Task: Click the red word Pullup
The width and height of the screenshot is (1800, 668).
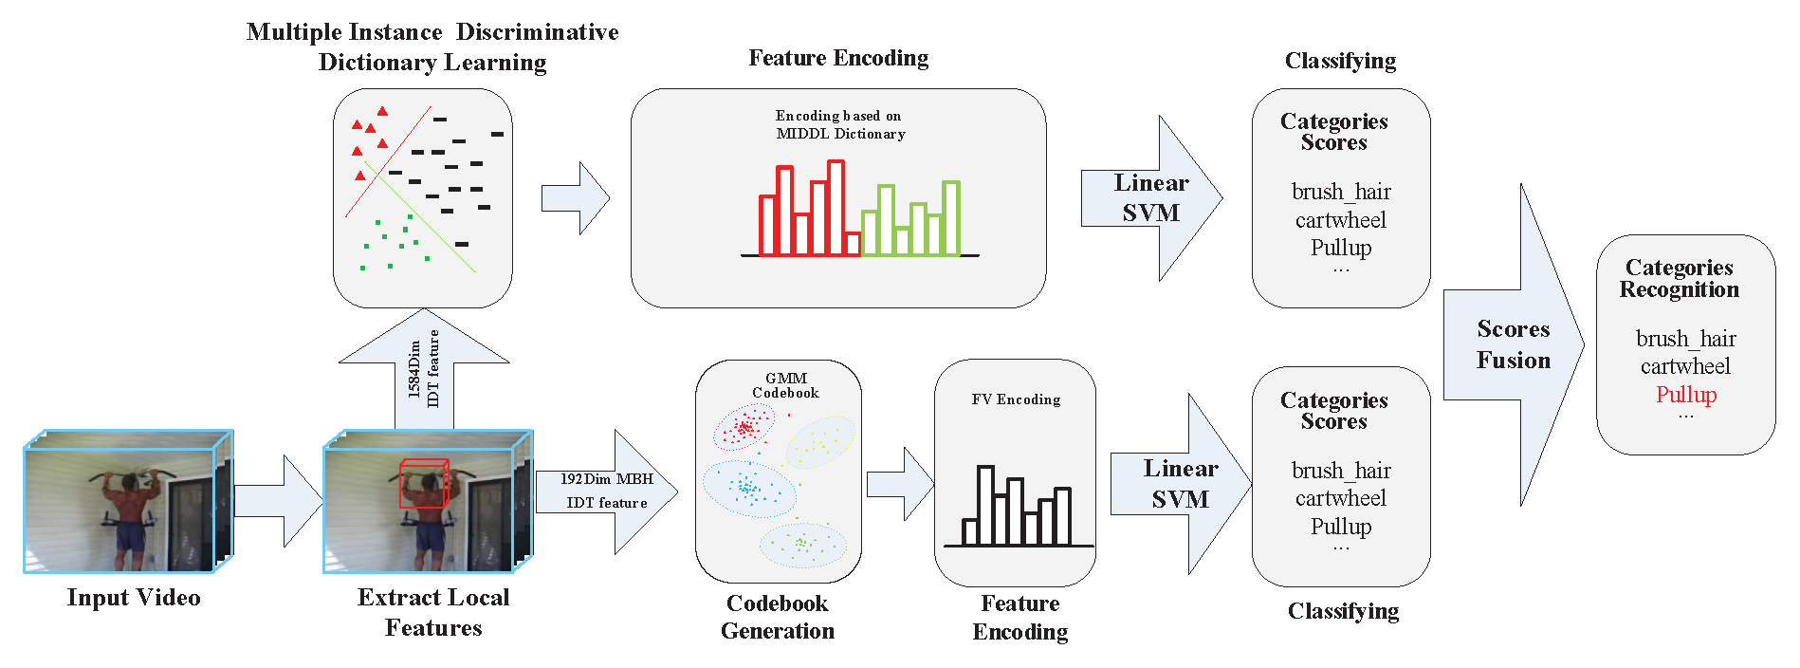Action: point(1686,395)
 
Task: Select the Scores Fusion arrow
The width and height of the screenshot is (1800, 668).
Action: point(1514,344)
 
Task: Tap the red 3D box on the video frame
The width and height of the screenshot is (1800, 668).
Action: point(423,483)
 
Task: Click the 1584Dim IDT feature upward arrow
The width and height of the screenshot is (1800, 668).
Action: point(424,370)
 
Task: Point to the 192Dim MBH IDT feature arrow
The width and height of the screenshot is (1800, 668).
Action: point(607,492)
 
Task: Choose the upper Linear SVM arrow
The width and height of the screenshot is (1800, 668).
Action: point(1151,198)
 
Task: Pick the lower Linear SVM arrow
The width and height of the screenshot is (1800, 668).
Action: point(1181,484)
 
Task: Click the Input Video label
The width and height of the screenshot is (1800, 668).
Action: point(134,598)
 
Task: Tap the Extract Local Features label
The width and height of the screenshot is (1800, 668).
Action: point(433,612)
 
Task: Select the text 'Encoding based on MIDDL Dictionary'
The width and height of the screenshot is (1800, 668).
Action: point(840,124)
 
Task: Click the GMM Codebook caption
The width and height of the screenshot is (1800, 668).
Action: point(785,385)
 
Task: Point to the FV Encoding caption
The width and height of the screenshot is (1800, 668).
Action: point(1016,399)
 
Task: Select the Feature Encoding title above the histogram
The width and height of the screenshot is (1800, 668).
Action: point(838,58)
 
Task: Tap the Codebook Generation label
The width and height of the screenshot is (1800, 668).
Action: point(778,617)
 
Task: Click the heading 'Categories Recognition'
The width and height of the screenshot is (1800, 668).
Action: point(1679,278)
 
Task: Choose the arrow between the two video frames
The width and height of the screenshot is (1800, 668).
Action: point(278,501)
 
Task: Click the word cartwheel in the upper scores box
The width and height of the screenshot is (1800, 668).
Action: point(1340,220)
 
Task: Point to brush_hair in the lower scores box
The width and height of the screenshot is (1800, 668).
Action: point(1340,471)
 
